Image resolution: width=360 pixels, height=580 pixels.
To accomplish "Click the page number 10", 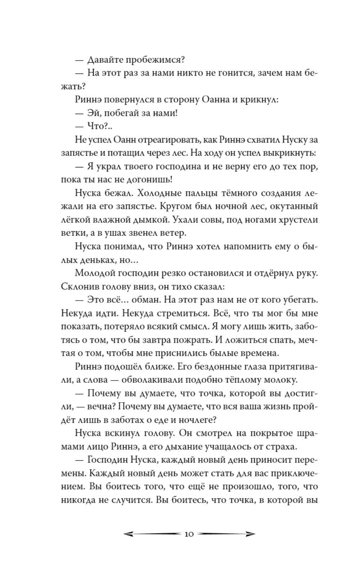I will [189, 534].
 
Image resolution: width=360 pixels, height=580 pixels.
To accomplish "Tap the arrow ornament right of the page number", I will [226, 534].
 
